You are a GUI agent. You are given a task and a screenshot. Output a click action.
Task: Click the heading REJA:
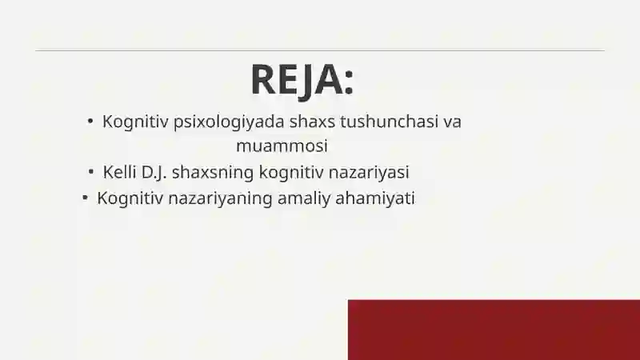pyautogui.click(x=302, y=79)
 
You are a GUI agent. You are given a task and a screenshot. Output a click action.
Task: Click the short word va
pyautogui.click(x=453, y=122)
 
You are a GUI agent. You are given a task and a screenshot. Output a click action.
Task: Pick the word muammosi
pyautogui.click(x=282, y=146)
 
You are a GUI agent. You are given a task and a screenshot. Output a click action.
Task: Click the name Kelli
pyautogui.click(x=120, y=172)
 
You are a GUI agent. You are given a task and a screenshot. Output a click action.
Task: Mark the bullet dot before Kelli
pyautogui.click(x=93, y=171)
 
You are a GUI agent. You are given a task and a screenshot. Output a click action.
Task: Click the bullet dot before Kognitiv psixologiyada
pyautogui.click(x=91, y=122)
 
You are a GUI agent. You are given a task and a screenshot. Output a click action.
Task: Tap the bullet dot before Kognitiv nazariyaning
pyautogui.click(x=84, y=197)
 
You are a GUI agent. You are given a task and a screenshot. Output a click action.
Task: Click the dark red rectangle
pyautogui.click(x=494, y=330)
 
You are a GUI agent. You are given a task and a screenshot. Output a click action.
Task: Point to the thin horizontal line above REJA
pyautogui.click(x=320, y=50)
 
